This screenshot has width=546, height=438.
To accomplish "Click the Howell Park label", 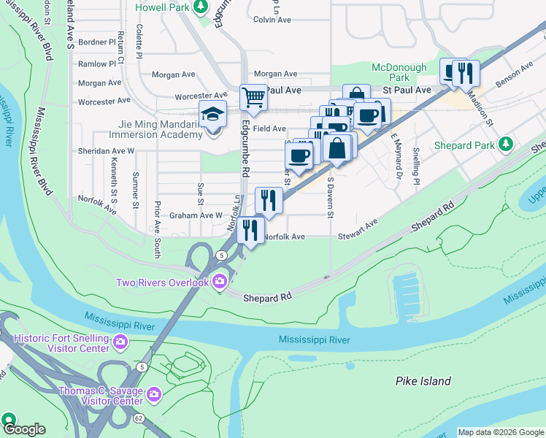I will pos(162,7).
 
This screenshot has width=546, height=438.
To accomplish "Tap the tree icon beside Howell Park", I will pos(201,7).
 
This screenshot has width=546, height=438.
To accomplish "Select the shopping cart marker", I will pos(253,96).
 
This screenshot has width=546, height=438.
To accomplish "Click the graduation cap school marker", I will pos(212,115).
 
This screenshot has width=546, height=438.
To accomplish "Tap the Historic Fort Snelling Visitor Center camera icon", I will pos(120,341).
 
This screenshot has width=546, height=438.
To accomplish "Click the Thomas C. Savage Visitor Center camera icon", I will pos(153,396).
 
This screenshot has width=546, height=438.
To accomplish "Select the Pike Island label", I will pos(423,381).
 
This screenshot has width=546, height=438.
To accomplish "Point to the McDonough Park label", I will pos(399,72).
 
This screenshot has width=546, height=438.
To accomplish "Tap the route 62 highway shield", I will pos(139,418).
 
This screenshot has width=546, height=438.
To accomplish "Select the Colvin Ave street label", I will pos(273,20).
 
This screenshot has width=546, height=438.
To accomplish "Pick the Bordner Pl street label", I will pos(97,42).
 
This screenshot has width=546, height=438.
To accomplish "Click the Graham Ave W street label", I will pos(195,215).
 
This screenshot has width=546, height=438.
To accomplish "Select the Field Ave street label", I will pos(269,128).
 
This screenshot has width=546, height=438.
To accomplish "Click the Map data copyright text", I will pos(500,432).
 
